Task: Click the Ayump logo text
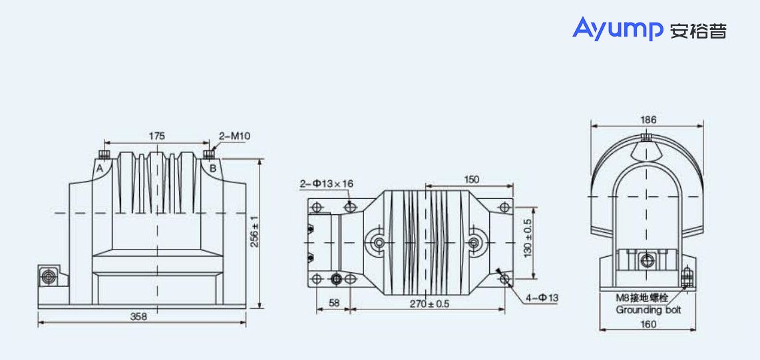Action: click(618, 29)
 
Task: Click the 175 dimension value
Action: click(156, 136)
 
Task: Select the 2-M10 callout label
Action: click(234, 136)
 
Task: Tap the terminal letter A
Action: click(99, 168)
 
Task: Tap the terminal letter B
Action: click(213, 168)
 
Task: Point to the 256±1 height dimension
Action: click(254, 231)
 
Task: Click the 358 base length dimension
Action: click(138, 317)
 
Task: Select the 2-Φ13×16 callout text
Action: click(326, 183)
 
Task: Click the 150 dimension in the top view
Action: click(471, 180)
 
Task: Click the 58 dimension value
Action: click(333, 303)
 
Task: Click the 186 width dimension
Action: click(648, 120)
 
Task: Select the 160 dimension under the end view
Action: click(648, 324)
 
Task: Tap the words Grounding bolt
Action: click(648, 309)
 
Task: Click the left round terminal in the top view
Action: click(379, 243)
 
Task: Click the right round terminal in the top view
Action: click(475, 243)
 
